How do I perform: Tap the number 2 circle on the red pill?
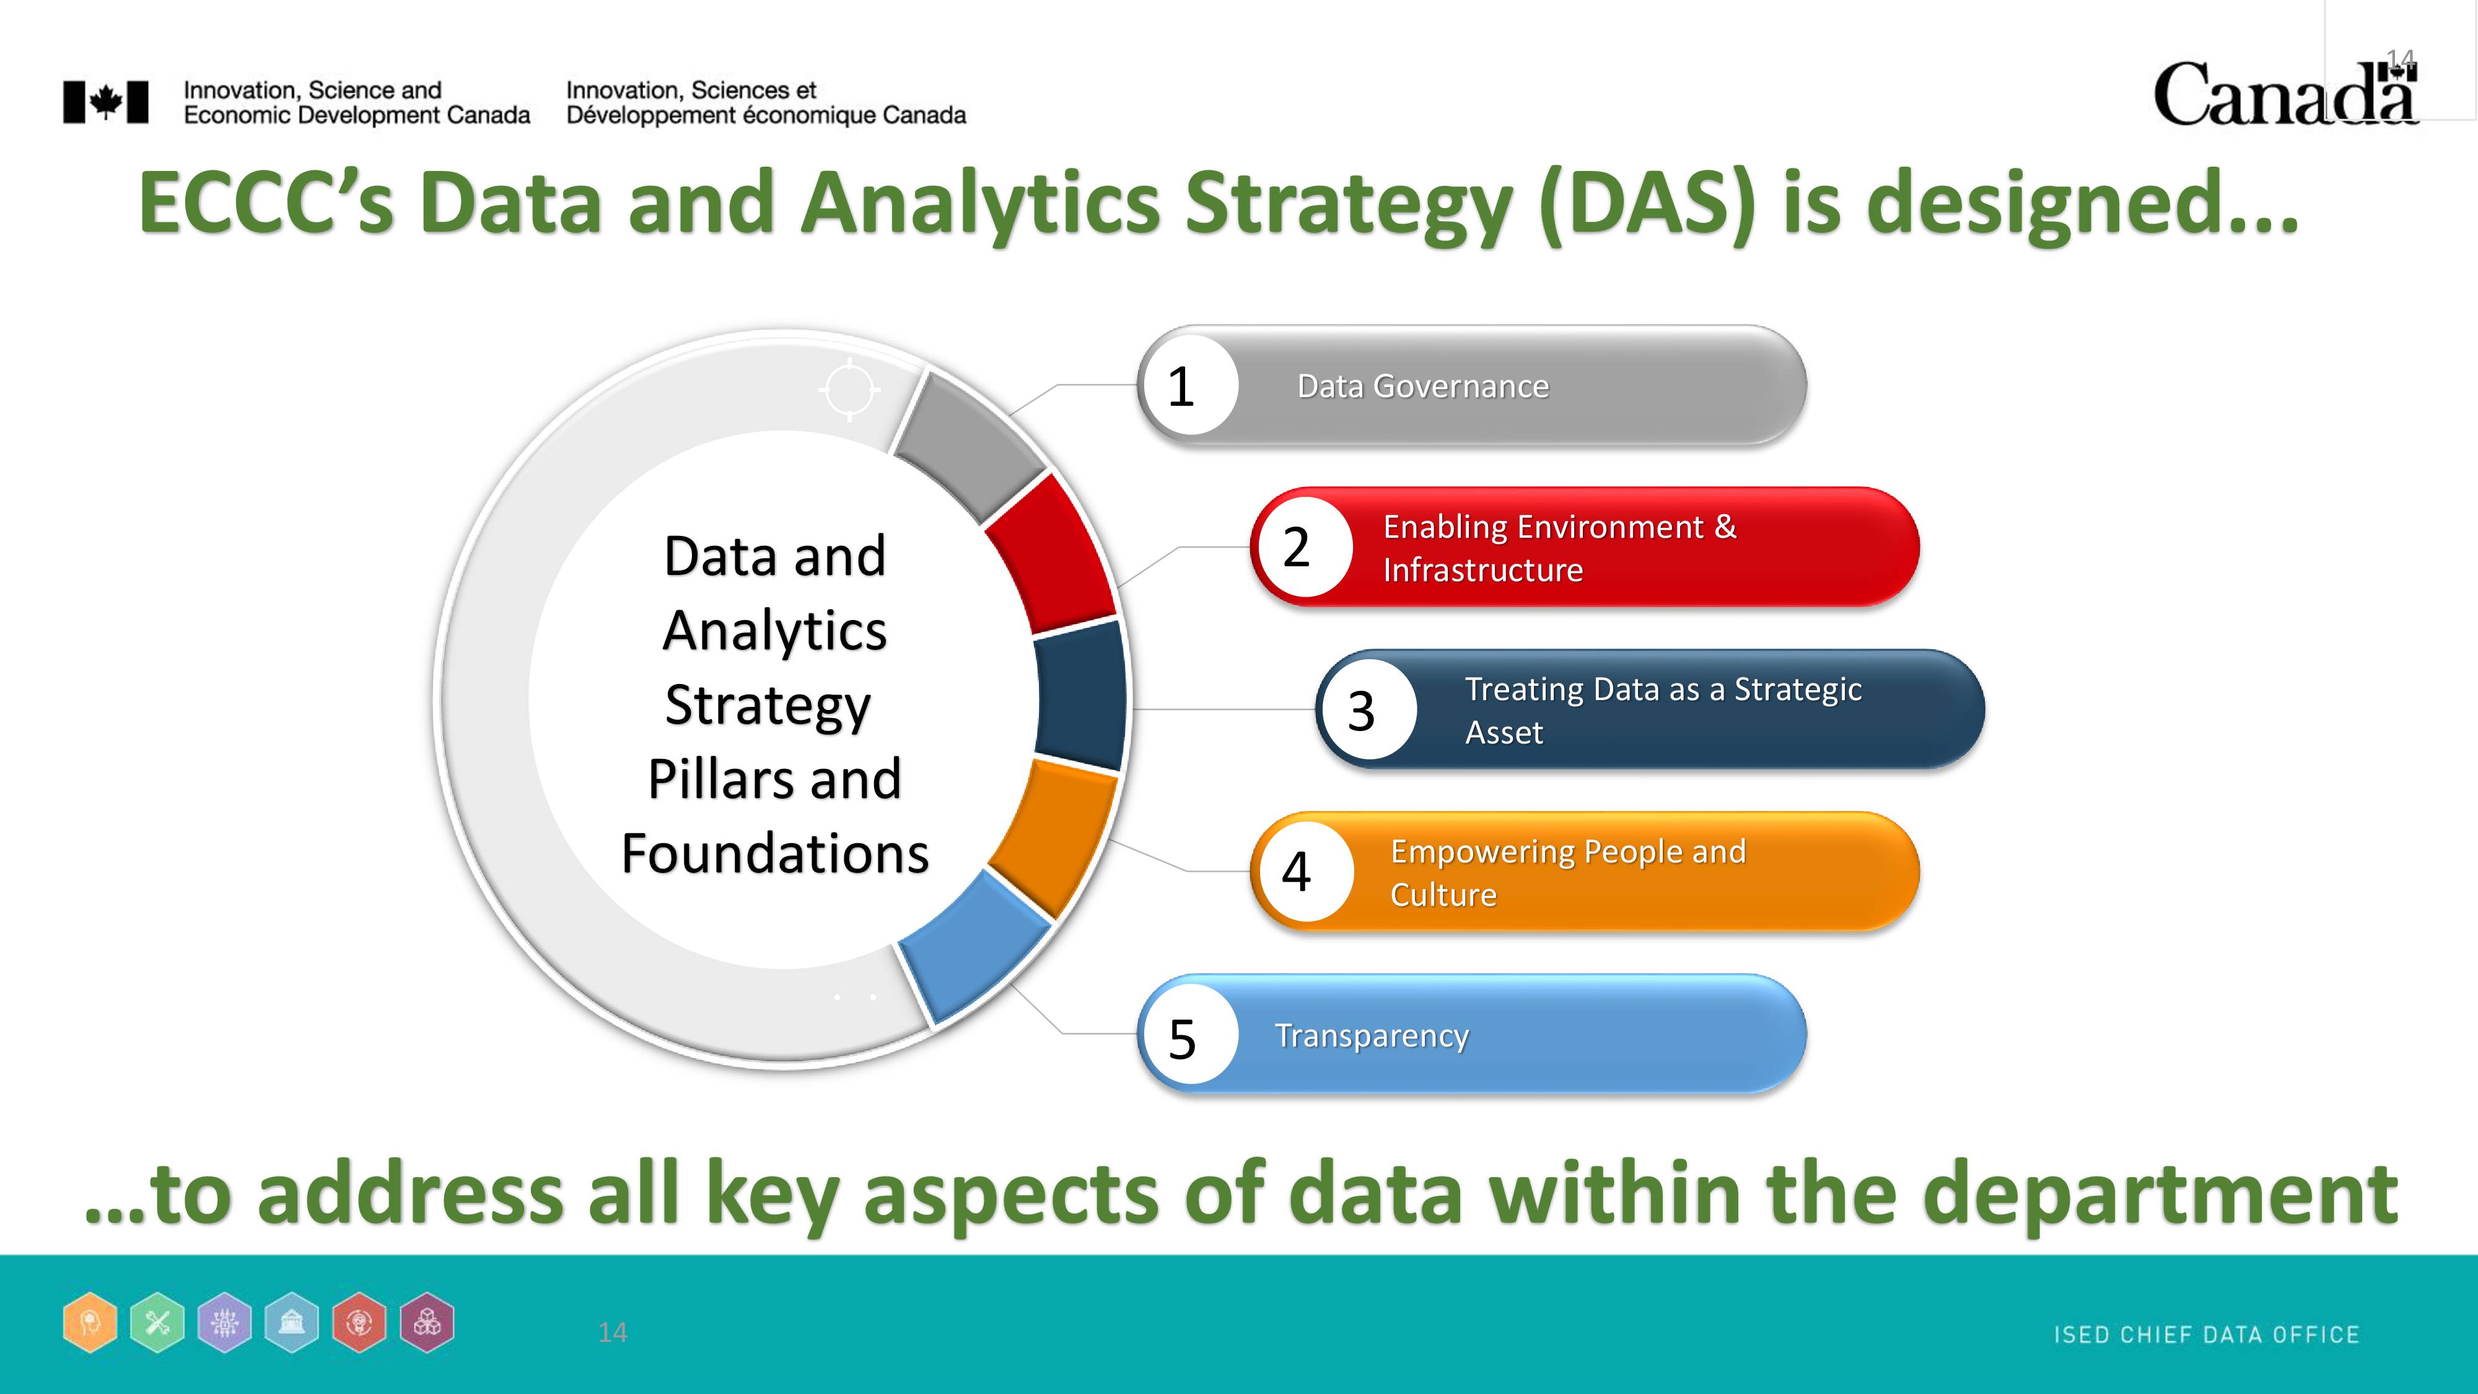(1303, 546)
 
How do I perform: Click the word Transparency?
(1372, 1036)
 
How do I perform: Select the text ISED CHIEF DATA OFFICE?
(2207, 1335)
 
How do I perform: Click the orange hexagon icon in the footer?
(90, 1323)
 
